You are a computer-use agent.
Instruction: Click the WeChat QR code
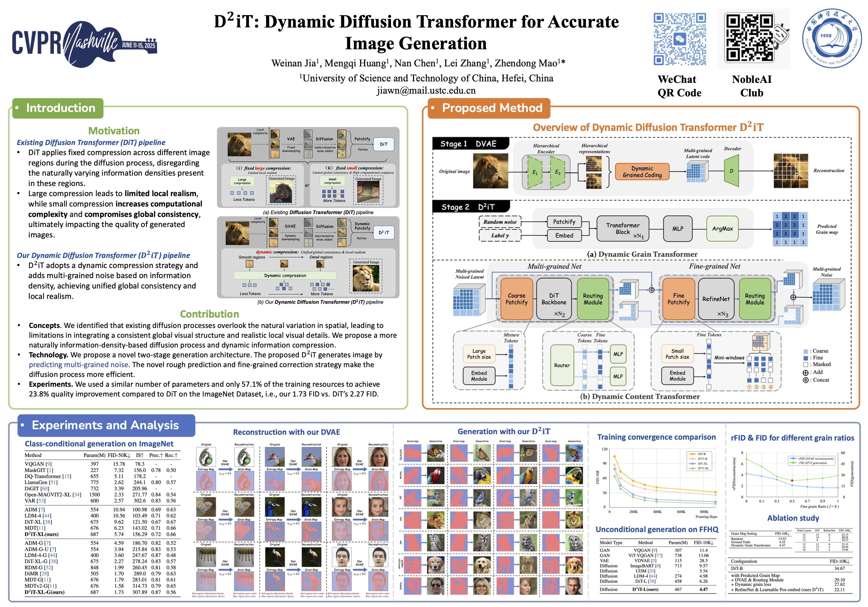click(x=679, y=39)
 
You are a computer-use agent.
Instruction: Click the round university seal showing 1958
click(x=832, y=39)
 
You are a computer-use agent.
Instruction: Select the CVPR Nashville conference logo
click(x=84, y=44)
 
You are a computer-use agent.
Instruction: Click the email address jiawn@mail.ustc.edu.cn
click(x=426, y=91)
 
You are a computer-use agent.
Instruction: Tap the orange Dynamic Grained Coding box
click(x=642, y=172)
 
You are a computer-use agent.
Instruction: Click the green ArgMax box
click(x=722, y=229)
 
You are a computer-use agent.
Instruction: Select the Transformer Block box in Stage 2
click(x=623, y=229)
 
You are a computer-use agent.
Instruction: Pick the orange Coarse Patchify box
click(x=517, y=299)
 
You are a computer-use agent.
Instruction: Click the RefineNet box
click(x=716, y=299)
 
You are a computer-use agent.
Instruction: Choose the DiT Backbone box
click(x=554, y=299)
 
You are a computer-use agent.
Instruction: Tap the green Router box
click(x=562, y=365)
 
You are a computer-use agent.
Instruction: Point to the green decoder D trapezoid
click(x=731, y=171)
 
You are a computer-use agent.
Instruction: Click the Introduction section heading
click(x=61, y=108)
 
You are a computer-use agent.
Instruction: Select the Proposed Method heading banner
click(x=492, y=108)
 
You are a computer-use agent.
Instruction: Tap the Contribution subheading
click(x=209, y=314)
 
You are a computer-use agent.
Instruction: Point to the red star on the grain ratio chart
click(x=792, y=480)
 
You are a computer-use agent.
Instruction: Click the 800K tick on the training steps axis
click(x=704, y=512)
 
